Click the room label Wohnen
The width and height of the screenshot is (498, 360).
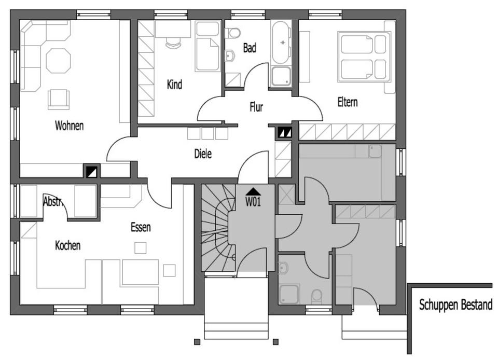pyautogui.click(x=69, y=126)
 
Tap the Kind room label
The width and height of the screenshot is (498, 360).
pyautogui.click(x=175, y=85)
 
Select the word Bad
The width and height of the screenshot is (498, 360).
pyautogui.click(x=250, y=48)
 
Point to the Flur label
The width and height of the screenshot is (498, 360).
pyautogui.click(x=256, y=107)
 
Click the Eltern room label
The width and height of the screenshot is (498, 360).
pyautogui.click(x=347, y=102)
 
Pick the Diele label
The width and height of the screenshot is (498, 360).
pyautogui.click(x=203, y=154)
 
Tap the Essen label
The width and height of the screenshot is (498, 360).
pyautogui.click(x=141, y=227)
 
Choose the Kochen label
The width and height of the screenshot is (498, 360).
pyautogui.click(x=68, y=245)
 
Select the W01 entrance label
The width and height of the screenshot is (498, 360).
pyautogui.click(x=253, y=202)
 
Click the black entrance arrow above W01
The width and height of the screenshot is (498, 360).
pyautogui.click(x=253, y=191)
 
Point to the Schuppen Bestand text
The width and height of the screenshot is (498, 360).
pyautogui.click(x=455, y=305)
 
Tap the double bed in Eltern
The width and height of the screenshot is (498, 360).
pyautogui.click(x=364, y=56)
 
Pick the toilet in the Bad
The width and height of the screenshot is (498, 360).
pyautogui.click(x=234, y=33)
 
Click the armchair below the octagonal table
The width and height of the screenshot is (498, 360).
pyautogui.click(x=59, y=99)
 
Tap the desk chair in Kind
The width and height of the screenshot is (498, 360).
pyautogui.click(x=173, y=43)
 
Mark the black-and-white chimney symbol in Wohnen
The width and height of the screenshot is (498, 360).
pyautogui.click(x=92, y=170)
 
